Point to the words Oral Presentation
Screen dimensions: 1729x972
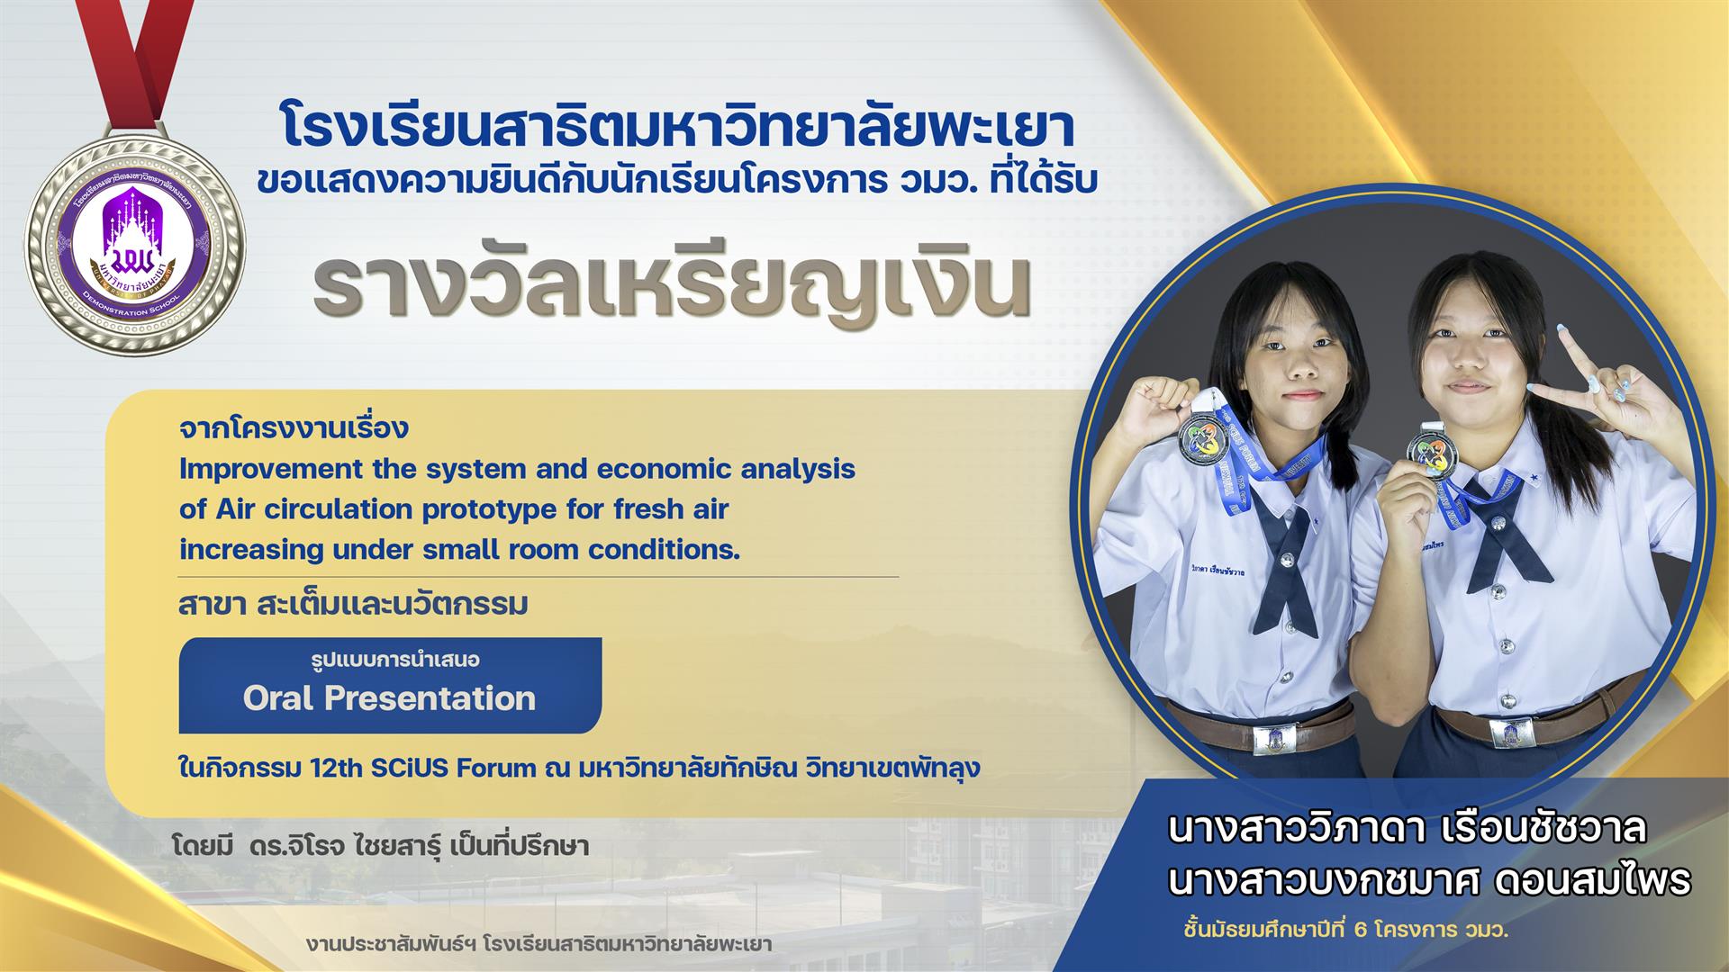pos(390,698)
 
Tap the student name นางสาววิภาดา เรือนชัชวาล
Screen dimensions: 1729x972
pos(1407,828)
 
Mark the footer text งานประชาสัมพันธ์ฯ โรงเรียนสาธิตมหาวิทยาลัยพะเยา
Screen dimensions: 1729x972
pos(539,944)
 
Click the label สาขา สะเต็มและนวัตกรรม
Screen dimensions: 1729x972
pos(353,605)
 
